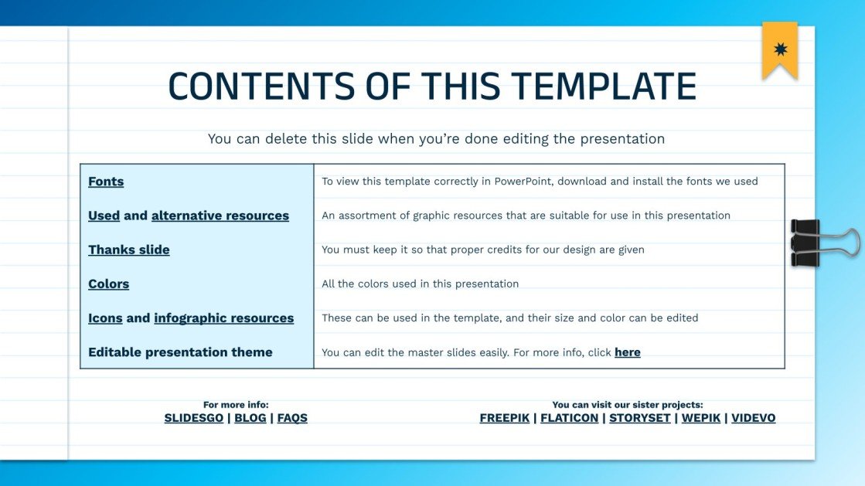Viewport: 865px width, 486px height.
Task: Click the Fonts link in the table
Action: click(x=106, y=182)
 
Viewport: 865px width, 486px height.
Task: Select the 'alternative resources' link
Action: click(x=220, y=216)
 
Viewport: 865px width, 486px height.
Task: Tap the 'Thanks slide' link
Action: click(x=128, y=250)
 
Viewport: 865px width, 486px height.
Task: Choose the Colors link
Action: click(x=108, y=284)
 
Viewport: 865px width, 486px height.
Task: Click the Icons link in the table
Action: click(x=105, y=318)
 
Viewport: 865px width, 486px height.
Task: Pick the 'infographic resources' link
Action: click(x=223, y=318)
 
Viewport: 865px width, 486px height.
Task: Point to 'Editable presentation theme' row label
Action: click(x=180, y=352)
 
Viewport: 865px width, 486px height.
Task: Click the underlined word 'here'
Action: click(x=627, y=352)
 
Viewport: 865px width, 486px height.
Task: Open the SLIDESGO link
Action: click(x=193, y=418)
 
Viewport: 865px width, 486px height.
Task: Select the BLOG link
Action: click(x=250, y=418)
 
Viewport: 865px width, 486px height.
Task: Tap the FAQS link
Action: click(x=292, y=418)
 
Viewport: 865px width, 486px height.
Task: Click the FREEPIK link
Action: click(x=504, y=418)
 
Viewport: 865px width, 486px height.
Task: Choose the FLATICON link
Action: click(x=569, y=418)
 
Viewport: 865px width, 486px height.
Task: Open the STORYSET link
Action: click(x=639, y=418)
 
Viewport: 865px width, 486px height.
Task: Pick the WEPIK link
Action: click(x=700, y=418)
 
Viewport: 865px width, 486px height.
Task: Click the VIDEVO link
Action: click(x=753, y=418)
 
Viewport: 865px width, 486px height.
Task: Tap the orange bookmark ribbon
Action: click(x=779, y=50)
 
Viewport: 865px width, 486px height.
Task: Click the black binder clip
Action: click(x=808, y=242)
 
